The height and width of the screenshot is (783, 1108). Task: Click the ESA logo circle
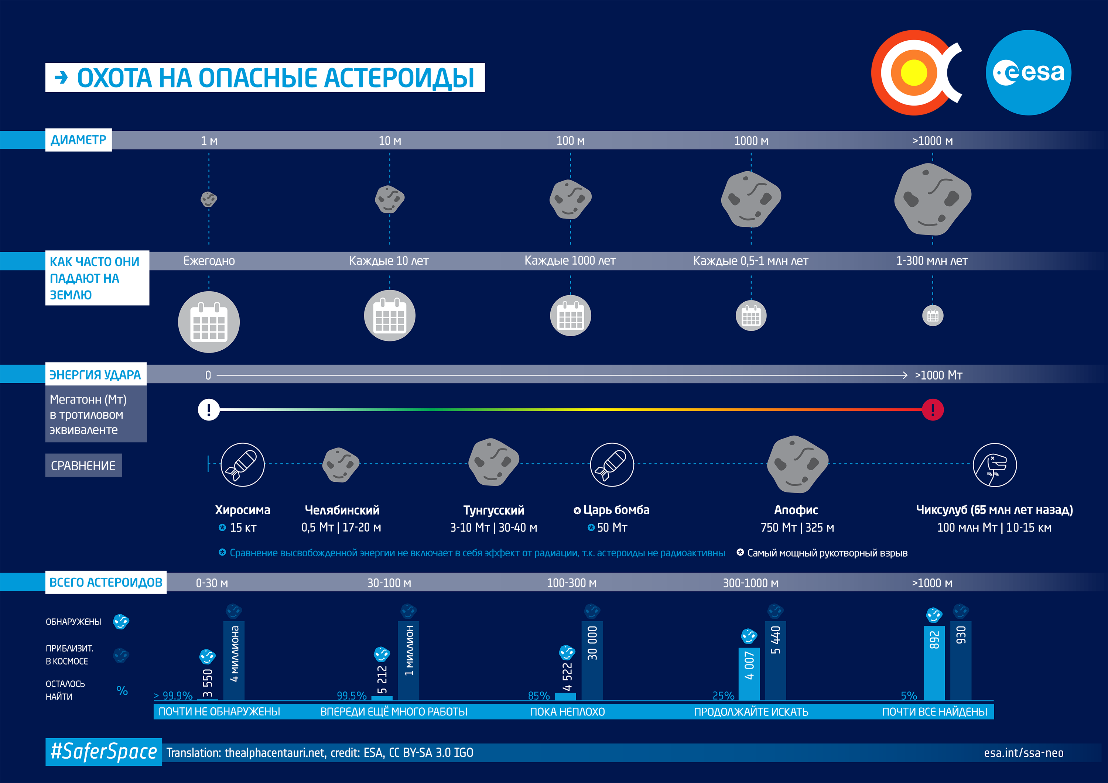[x=1028, y=73]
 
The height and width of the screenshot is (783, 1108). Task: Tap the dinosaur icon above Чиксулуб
[x=994, y=464]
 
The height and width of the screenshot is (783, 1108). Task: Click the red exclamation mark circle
[x=932, y=410]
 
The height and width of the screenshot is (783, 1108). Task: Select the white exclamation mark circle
[x=208, y=410]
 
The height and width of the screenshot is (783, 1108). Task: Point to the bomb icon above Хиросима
[x=242, y=464]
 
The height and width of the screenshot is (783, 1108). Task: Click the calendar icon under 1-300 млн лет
[x=932, y=316]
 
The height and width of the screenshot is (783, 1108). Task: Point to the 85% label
[x=538, y=696]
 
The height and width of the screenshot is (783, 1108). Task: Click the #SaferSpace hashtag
[x=104, y=752]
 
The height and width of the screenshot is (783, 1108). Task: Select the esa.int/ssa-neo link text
[x=1023, y=753]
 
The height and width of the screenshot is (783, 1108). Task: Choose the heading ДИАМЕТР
[x=79, y=140]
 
